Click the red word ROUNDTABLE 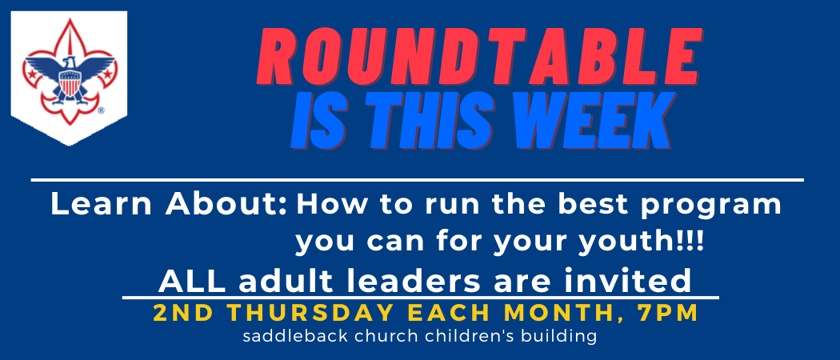pyautogui.click(x=479, y=58)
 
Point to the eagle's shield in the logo pyautogui.click(x=69, y=84)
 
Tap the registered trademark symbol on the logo pyautogui.click(x=102, y=111)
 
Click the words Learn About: pyautogui.click(x=170, y=205)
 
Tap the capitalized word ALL pyautogui.click(x=192, y=282)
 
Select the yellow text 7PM pyautogui.click(x=669, y=314)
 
